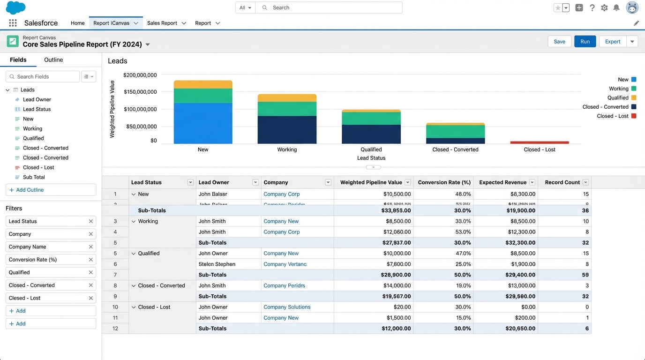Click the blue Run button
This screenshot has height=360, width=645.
point(585,41)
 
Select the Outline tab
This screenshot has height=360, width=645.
point(53,60)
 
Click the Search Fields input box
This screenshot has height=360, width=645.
point(43,76)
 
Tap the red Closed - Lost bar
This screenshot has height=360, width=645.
point(540,142)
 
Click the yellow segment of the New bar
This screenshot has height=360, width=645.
point(203,84)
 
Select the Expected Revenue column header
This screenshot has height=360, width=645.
point(502,182)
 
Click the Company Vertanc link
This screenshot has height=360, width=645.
point(285,264)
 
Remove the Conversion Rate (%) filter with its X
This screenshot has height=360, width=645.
point(91,260)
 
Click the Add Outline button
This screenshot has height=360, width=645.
point(51,190)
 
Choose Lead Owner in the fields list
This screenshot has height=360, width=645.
point(37,99)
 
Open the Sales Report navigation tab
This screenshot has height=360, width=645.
point(162,23)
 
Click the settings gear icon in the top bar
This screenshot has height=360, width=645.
point(604,8)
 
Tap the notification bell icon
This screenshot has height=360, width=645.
point(616,8)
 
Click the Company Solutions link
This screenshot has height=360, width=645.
point(287,307)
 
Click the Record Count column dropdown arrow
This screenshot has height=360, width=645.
point(585,182)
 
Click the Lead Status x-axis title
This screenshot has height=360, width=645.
point(371,158)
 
